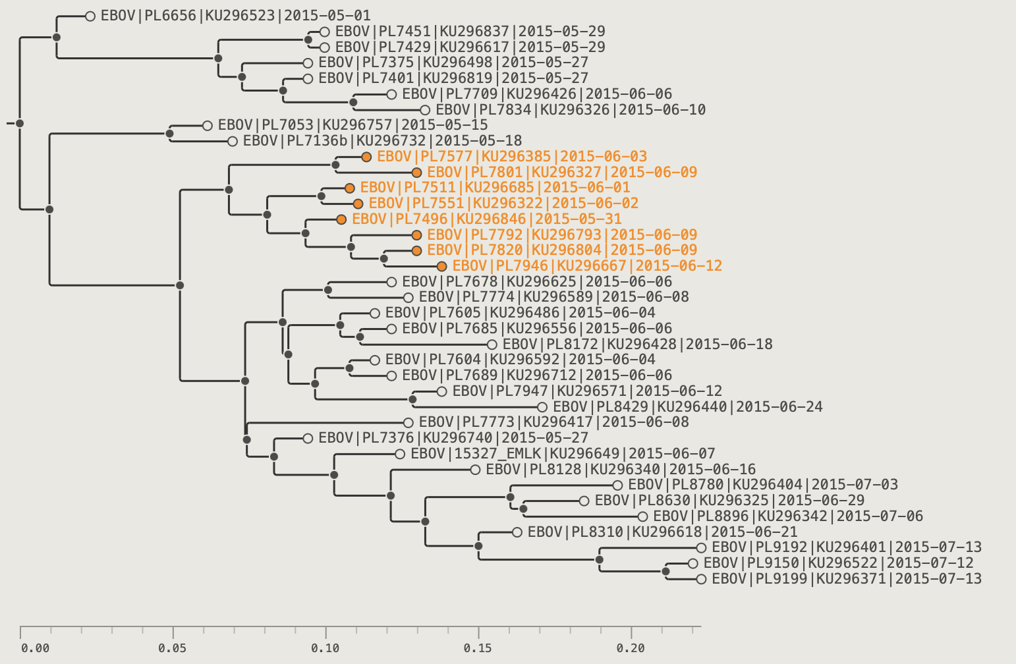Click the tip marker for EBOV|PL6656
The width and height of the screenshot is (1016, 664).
tap(90, 16)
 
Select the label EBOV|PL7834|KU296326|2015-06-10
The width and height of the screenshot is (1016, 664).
tap(571, 110)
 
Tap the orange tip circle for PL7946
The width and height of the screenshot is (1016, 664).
tap(441, 266)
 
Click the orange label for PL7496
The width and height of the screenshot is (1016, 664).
tap(487, 219)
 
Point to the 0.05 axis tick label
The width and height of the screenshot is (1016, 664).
tap(173, 648)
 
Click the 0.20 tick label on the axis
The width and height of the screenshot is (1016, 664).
tap(631, 648)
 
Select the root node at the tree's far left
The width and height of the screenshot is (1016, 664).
tap(20, 123)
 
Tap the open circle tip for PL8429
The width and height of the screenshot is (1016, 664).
tap(542, 407)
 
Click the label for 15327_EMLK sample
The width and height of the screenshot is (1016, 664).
tap(563, 454)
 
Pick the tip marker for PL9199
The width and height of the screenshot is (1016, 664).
tap(701, 579)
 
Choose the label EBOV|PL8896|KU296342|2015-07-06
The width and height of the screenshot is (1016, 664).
tap(788, 516)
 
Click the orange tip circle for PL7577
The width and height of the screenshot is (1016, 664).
tap(366, 157)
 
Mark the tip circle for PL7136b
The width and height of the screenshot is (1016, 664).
tap(232, 142)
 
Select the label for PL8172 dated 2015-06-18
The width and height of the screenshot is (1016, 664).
tap(637, 345)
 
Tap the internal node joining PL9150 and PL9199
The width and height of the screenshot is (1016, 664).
tap(666, 572)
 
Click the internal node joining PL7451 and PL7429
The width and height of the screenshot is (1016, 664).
tap(308, 40)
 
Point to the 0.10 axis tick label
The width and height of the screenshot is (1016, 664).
tap(325, 648)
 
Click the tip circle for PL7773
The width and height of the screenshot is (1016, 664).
tap(409, 423)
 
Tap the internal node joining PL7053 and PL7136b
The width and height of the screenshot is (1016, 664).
tap(169, 134)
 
